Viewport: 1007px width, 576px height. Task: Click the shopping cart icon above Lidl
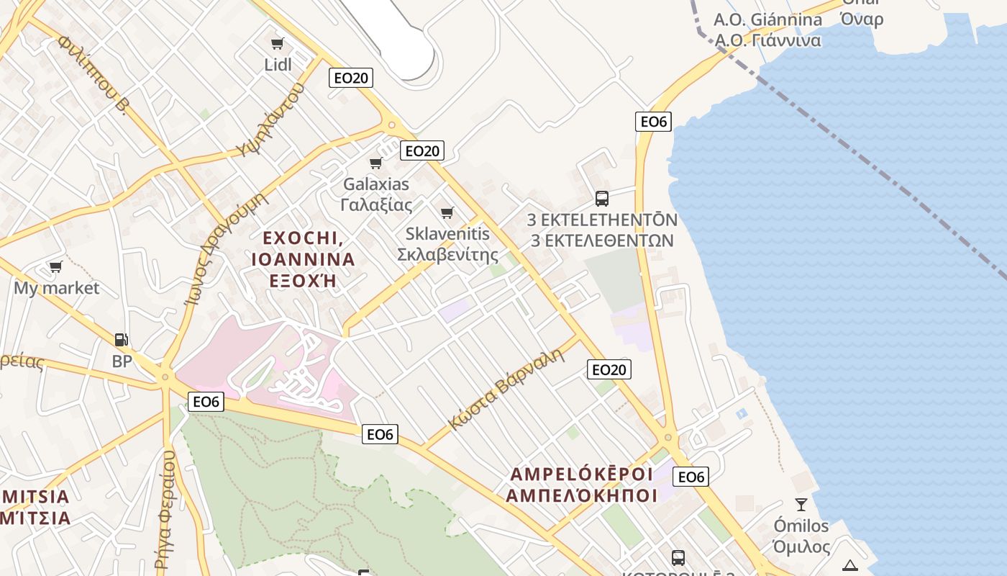click(277, 43)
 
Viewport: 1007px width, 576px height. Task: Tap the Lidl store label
click(278, 65)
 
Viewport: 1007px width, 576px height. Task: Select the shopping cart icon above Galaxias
click(375, 163)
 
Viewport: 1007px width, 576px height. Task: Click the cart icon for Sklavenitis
click(447, 212)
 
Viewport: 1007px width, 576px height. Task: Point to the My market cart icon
click(55, 267)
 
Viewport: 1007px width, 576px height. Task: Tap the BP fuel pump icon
click(122, 339)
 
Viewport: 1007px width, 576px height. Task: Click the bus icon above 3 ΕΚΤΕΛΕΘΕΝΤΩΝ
click(602, 198)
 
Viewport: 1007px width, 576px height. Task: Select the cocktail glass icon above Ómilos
click(801, 504)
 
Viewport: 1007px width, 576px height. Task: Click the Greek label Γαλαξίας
click(376, 204)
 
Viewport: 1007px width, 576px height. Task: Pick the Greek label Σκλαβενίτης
click(447, 254)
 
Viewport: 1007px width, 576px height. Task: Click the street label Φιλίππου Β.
click(93, 75)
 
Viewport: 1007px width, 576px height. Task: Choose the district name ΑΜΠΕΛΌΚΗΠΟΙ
click(581, 495)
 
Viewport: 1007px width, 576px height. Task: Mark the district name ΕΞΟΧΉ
click(302, 280)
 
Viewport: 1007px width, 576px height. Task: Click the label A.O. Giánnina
click(767, 19)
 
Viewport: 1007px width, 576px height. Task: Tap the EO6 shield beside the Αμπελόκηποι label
click(691, 477)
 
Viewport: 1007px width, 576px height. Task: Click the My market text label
click(57, 288)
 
